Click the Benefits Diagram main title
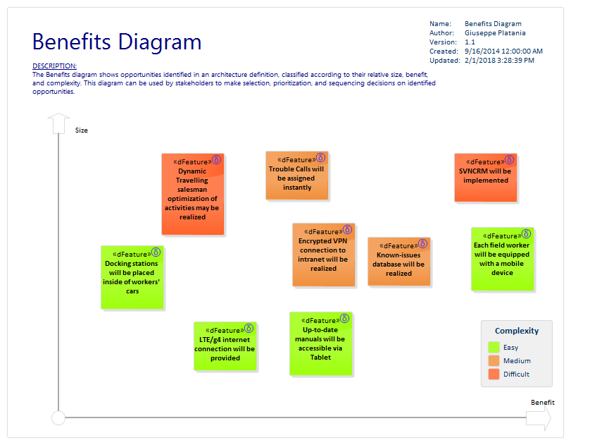(x=117, y=42)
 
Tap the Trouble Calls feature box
(x=296, y=176)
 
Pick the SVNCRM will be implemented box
(x=485, y=178)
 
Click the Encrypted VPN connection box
(x=323, y=255)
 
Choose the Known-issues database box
(x=398, y=262)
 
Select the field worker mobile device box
(x=502, y=259)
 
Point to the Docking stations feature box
(x=132, y=277)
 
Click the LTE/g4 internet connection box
(x=225, y=346)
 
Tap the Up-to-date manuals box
(x=320, y=343)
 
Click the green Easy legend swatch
(x=494, y=348)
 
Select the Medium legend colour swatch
(x=494, y=361)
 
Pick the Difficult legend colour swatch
(x=494, y=374)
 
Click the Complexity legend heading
(x=517, y=331)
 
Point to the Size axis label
(x=82, y=130)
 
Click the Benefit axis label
(x=542, y=403)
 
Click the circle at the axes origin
(x=58, y=418)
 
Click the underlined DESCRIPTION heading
(x=54, y=66)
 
